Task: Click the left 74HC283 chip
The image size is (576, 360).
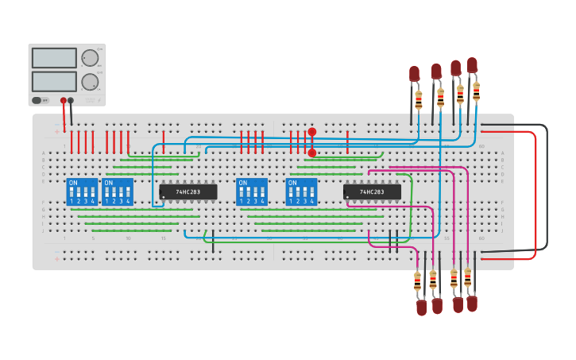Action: click(188, 192)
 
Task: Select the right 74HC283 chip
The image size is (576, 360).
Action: click(372, 192)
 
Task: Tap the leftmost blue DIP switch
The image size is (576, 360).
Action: click(82, 192)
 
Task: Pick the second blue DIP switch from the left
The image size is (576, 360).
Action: click(118, 192)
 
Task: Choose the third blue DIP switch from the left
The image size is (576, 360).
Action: click(252, 192)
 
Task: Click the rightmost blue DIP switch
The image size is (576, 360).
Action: click(301, 192)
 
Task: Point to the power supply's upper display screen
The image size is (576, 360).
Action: click(54, 58)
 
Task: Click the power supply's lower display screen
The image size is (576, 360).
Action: click(54, 81)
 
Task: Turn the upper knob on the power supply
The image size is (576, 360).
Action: click(90, 58)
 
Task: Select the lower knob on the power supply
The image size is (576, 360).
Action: click(90, 81)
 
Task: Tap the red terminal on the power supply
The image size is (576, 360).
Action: click(64, 100)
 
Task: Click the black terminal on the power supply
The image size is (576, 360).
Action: click(71, 100)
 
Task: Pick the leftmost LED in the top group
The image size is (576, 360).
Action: click(414, 73)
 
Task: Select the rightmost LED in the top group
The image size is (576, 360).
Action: click(473, 64)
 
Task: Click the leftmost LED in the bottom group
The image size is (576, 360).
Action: click(421, 307)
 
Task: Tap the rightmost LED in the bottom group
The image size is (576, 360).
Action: click(472, 303)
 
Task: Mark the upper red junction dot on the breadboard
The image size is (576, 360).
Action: click(312, 132)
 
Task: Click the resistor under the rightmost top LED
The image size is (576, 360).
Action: click(476, 91)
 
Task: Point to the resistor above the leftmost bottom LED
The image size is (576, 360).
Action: click(417, 281)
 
